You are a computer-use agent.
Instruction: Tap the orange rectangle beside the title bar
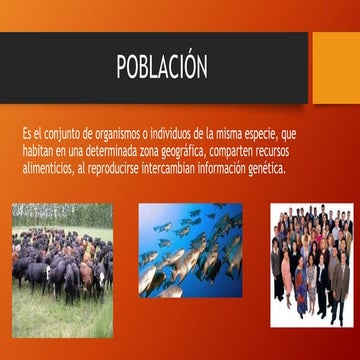coord(336,67)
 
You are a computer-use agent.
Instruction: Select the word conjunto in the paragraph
coord(64,132)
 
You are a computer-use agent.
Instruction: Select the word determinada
coord(112,150)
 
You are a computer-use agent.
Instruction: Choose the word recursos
coord(304,150)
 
